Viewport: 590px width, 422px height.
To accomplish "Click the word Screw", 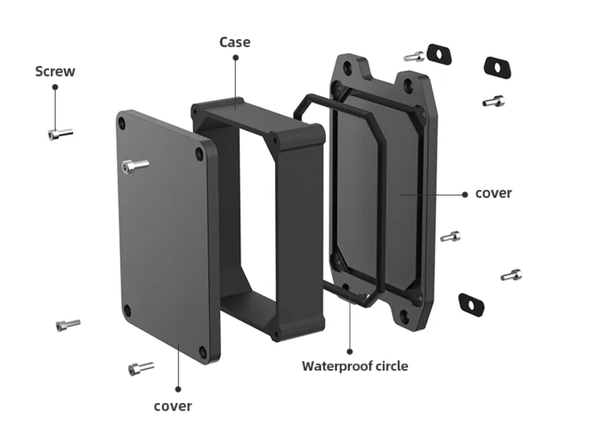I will pos(55,71).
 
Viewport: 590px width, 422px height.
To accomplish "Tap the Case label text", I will pos(234,42).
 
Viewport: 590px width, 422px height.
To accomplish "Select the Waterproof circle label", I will pos(355,366).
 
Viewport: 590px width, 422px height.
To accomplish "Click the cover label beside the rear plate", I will pos(493,193).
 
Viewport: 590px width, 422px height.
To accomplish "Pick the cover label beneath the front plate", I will pos(173,406).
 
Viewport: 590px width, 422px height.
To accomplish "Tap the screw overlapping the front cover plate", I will pos(135,166).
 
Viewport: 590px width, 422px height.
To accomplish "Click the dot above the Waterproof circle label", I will pos(350,351).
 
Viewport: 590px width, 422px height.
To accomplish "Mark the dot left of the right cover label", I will pos(465,194).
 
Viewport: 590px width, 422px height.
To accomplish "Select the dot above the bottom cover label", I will pos(178,389).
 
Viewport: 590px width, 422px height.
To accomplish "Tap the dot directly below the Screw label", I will pos(55,86).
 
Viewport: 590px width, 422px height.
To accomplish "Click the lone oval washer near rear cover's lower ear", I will pos(471,304).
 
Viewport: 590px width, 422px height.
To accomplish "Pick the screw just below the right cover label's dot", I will pos(450,237).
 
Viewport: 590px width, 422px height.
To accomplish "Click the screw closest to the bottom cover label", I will pos(141,368).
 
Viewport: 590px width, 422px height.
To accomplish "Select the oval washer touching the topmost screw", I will pos(439,54).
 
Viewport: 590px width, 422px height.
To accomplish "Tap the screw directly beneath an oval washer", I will pos(493,101).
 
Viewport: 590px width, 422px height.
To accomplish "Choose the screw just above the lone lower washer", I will pos(511,275).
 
